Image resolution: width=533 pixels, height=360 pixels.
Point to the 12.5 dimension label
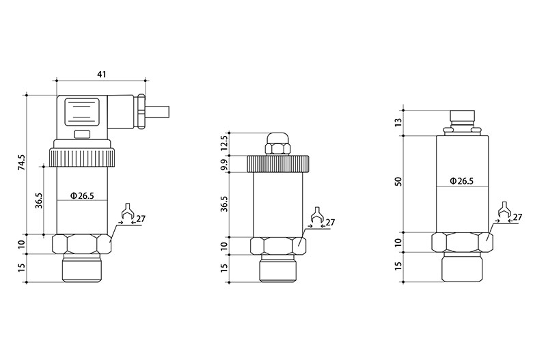point(225,143)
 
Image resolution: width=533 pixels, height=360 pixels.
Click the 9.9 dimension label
point(225,164)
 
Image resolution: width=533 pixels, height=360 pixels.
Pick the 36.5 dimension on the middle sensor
point(225,204)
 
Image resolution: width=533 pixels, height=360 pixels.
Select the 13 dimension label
point(400,122)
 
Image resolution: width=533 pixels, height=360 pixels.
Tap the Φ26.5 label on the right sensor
point(461,182)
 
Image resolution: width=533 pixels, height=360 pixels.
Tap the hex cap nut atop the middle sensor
point(277,145)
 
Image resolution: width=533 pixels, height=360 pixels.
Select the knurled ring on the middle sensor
point(277,164)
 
